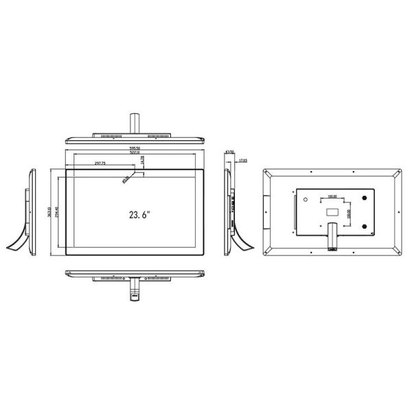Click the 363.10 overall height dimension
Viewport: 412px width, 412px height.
[49, 211]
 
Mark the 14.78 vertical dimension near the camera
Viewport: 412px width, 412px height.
[142, 159]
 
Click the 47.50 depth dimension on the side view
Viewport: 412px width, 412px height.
[230, 152]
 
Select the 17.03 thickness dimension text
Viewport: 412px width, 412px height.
[242, 161]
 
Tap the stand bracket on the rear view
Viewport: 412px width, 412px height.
[332, 237]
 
